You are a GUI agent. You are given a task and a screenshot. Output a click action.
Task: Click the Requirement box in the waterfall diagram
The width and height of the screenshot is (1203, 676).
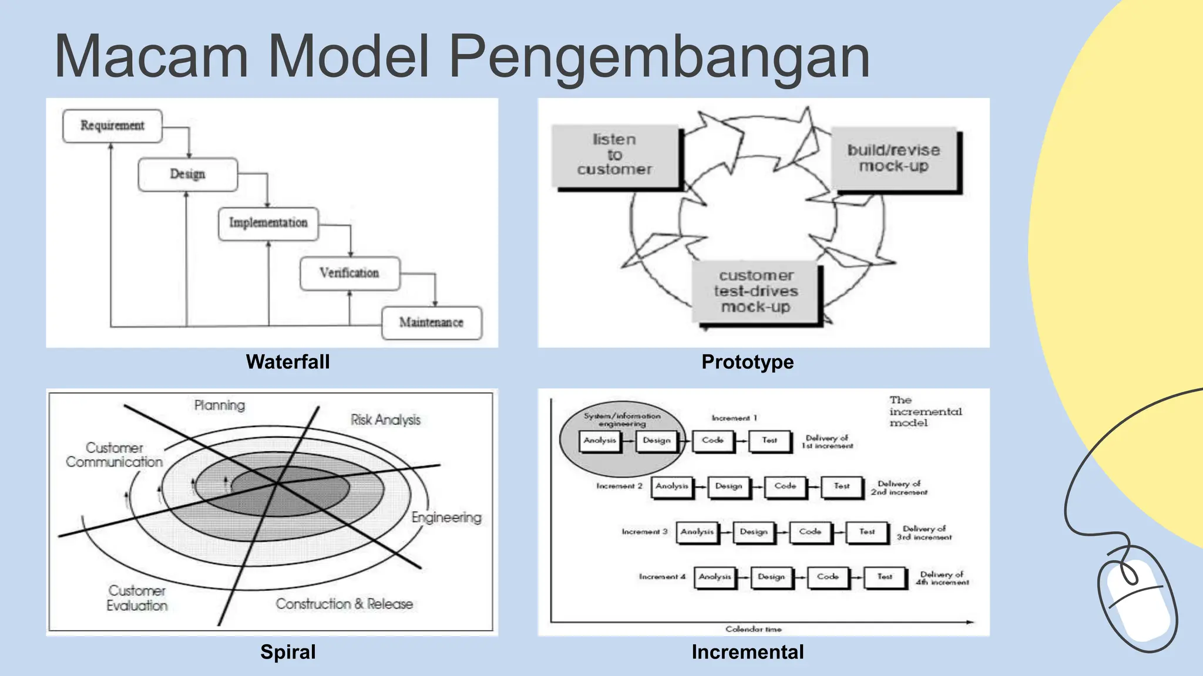click(112, 126)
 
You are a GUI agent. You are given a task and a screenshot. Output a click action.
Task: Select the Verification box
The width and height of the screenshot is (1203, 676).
click(350, 273)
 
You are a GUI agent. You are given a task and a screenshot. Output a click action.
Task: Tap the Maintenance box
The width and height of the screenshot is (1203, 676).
click(432, 322)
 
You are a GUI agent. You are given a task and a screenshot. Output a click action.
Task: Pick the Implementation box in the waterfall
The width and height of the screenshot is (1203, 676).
click(268, 223)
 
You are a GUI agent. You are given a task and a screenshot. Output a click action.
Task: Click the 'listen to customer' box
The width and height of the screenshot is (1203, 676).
click(615, 155)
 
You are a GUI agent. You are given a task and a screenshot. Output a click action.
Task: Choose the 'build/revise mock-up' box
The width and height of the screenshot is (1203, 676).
click(893, 158)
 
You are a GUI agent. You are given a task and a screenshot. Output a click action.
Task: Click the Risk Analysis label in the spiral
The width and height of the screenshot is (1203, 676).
click(386, 420)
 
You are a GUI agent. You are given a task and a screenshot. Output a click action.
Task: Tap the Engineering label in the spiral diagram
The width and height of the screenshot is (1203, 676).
click(446, 518)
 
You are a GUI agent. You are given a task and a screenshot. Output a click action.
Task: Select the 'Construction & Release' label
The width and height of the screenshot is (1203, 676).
click(344, 604)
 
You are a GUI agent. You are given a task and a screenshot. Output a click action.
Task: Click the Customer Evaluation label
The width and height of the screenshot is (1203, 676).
click(137, 598)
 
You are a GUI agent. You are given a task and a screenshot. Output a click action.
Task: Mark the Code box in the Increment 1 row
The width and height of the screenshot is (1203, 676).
click(713, 440)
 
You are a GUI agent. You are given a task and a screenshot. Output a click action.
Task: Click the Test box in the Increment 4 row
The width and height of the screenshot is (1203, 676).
click(885, 577)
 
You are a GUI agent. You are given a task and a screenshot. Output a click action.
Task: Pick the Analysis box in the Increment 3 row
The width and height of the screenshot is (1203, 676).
click(697, 532)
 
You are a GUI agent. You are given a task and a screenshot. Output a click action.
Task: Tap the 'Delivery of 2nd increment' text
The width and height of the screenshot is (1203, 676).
click(899, 488)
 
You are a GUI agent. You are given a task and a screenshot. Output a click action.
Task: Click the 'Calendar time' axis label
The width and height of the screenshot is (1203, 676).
click(753, 629)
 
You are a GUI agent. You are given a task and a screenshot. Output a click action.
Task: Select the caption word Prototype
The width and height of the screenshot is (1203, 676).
click(747, 362)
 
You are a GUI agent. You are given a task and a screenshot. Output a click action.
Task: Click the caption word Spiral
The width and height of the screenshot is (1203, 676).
click(288, 652)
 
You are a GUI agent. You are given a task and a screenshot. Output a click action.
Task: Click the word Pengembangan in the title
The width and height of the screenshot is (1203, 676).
click(659, 57)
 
